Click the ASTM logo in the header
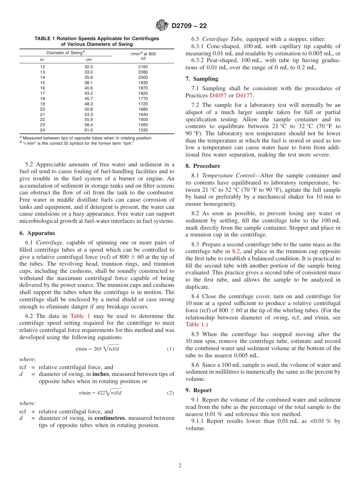(162, 26)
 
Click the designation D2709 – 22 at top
(189, 26)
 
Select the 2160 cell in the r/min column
(143, 67)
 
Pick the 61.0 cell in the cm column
(88, 130)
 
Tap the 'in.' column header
(42, 59)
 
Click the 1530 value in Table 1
(143, 130)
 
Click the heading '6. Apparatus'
(37, 233)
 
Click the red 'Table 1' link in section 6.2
(80, 316)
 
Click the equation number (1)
(171, 349)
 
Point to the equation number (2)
(171, 393)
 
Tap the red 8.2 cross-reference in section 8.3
(236, 252)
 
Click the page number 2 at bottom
(180, 466)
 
